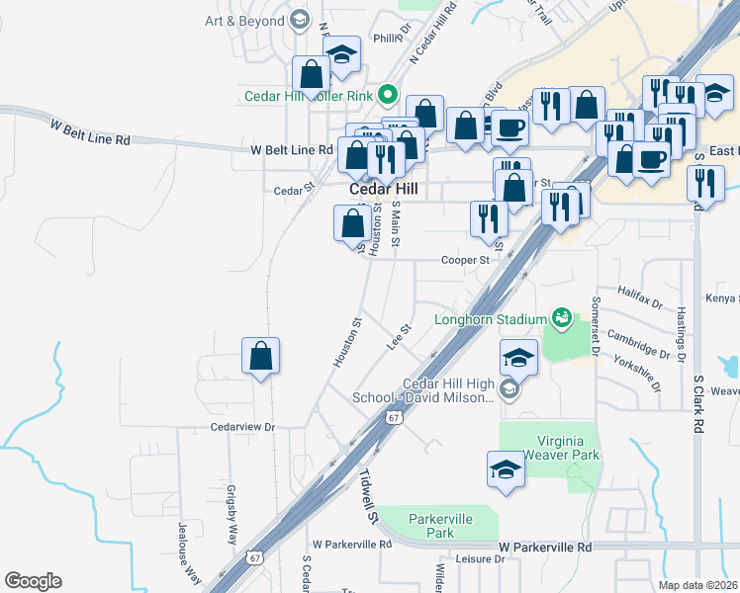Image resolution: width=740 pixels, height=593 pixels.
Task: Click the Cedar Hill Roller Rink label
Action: tap(310, 97)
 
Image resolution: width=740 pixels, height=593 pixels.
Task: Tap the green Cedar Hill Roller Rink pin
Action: tap(388, 96)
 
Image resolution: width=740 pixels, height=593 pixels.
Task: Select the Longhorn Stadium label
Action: tap(491, 319)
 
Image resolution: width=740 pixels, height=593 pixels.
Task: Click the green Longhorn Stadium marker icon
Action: tap(561, 317)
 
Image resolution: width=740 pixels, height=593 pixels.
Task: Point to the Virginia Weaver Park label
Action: tap(551, 448)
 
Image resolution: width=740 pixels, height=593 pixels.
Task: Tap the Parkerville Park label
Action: tap(441, 526)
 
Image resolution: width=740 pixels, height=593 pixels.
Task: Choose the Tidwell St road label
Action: tap(369, 497)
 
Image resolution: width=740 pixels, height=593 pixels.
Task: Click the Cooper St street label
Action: tap(465, 260)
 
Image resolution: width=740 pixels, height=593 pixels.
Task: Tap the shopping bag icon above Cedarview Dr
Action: tap(260, 355)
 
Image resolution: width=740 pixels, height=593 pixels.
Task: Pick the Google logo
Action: tap(33, 581)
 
